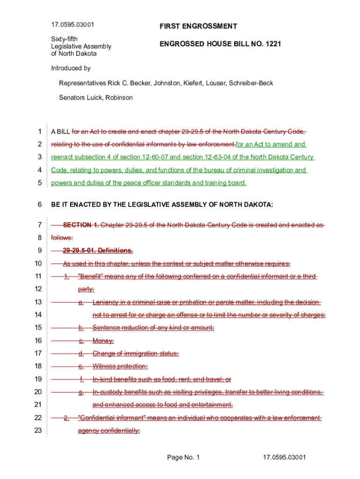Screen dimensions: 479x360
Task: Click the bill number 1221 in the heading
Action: tap(274, 44)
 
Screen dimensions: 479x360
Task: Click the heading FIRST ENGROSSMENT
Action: tap(198, 27)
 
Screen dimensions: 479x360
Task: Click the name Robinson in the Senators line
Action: tap(119, 98)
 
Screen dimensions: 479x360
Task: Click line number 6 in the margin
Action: tap(40, 204)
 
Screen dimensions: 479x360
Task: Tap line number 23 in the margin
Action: tap(38, 430)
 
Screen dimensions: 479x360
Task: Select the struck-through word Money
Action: tap(103, 341)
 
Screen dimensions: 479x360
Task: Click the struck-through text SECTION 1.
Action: tap(81, 225)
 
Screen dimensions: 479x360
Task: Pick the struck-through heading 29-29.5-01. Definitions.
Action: tap(98, 250)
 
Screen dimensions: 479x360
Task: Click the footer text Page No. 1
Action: tap(183, 457)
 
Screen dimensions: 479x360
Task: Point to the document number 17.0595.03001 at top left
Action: tap(72, 24)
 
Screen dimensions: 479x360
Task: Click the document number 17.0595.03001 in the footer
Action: tap(284, 457)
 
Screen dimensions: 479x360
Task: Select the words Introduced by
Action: tap(71, 68)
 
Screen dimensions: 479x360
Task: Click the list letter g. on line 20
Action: tap(81, 392)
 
